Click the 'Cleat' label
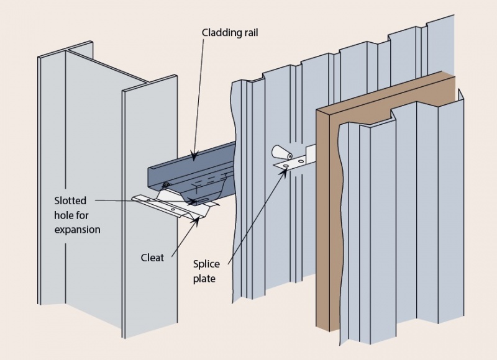tap(152, 257)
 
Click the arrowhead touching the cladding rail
tap(194, 158)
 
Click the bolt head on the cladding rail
tap(166, 184)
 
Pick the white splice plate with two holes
tap(295, 163)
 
